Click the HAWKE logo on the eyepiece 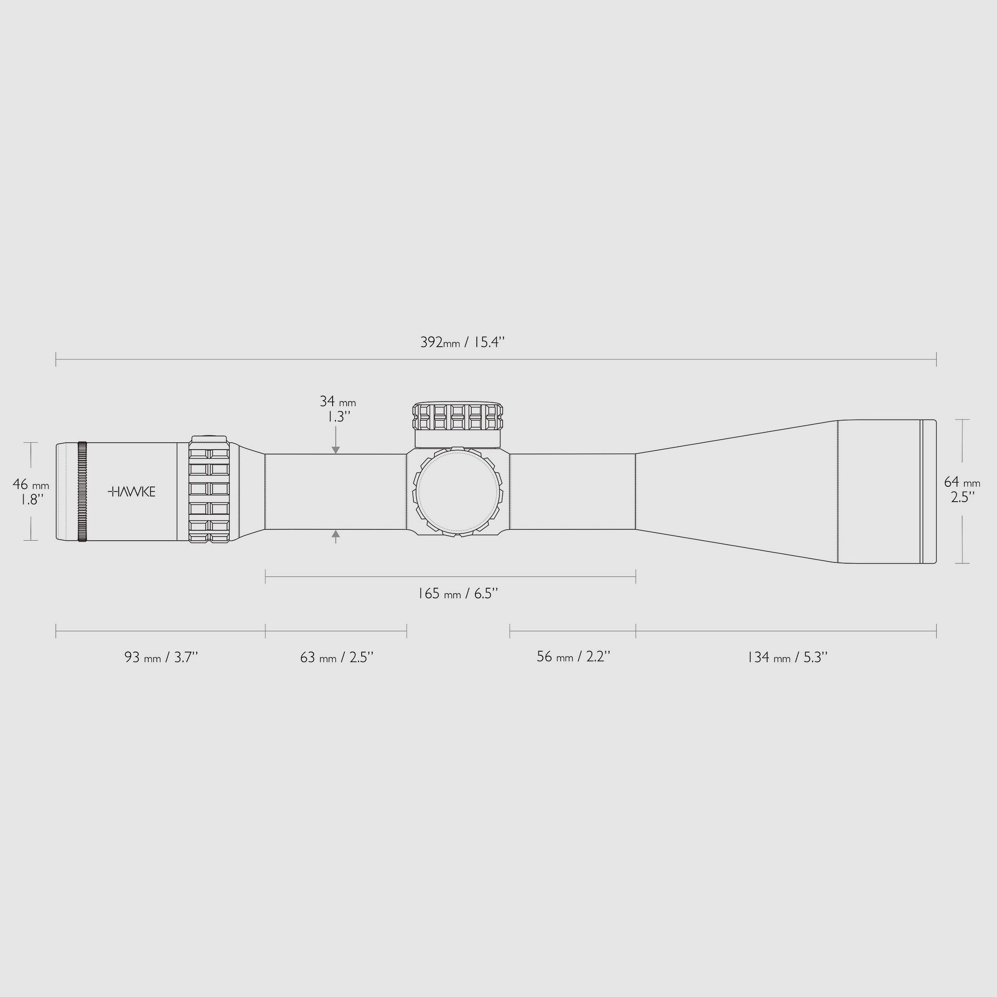pos(131,491)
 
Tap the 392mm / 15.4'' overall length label pos(462,342)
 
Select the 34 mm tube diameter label pos(338,402)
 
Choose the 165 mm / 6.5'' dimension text pos(457,594)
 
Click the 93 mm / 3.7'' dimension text pos(161,658)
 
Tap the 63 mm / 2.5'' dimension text pos(336,658)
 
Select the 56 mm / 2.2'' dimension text pos(573,657)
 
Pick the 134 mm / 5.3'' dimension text pos(787,658)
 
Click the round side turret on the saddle pos(458,492)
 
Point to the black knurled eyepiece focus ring pos(82,491)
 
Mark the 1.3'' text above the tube pos(339,417)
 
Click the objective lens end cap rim pos(929,492)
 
